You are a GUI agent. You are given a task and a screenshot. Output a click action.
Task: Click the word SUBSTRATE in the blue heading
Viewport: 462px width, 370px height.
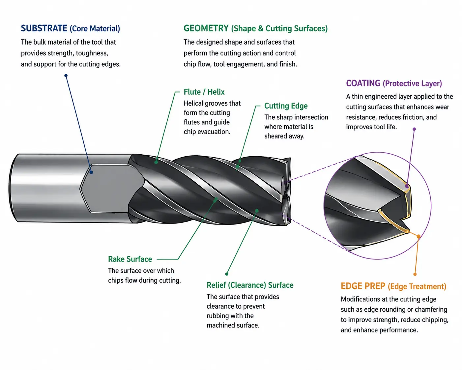[x=44, y=28]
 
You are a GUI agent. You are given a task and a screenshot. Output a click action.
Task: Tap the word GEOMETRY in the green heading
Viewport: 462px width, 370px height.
[x=206, y=28]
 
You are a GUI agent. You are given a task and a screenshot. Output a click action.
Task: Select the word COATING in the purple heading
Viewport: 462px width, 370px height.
[x=363, y=83]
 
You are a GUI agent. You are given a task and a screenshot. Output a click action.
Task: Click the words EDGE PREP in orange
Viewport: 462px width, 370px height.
[x=363, y=286]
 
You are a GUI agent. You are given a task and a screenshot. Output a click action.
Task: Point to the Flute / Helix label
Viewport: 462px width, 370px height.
[x=204, y=92]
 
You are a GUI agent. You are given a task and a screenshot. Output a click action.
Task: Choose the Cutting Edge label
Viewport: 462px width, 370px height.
[x=286, y=106]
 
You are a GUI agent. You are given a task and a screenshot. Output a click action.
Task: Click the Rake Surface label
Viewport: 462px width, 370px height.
[x=130, y=259]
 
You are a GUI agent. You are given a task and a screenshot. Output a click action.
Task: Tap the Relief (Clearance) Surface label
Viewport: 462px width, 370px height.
[x=250, y=285]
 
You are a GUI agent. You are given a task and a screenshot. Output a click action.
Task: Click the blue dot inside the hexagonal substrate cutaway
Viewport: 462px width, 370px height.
[x=91, y=172]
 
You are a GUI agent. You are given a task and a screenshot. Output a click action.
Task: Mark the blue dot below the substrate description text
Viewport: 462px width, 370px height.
[x=66, y=76]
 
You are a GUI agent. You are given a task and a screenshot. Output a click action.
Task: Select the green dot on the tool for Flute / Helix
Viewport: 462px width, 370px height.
[x=156, y=162]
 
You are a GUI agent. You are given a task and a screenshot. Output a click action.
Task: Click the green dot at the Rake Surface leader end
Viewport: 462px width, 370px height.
[x=215, y=200]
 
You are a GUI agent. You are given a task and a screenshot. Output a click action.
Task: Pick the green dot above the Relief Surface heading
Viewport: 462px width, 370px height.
[x=227, y=274]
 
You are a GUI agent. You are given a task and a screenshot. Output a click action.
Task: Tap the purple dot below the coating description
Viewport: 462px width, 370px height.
[x=414, y=129]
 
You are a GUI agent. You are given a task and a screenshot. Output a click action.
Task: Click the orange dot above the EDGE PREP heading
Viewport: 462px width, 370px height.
[x=415, y=274]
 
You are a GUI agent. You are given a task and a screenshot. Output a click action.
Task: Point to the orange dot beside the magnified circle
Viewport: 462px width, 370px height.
[x=419, y=236]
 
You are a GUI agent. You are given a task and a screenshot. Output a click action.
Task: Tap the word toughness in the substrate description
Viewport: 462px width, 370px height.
[x=92, y=53]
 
